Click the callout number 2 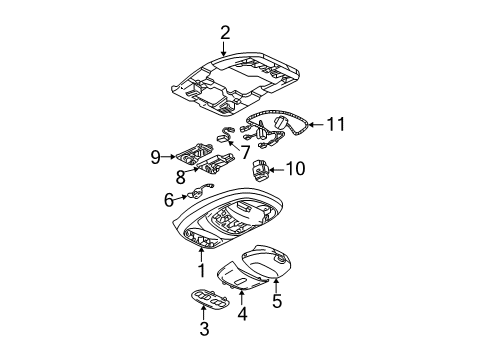pyautogui.click(x=225, y=31)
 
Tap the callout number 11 pyautogui.click(x=336, y=124)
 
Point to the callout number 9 pyautogui.click(x=155, y=156)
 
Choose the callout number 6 pyautogui.click(x=169, y=200)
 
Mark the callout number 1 pyautogui.click(x=201, y=270)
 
